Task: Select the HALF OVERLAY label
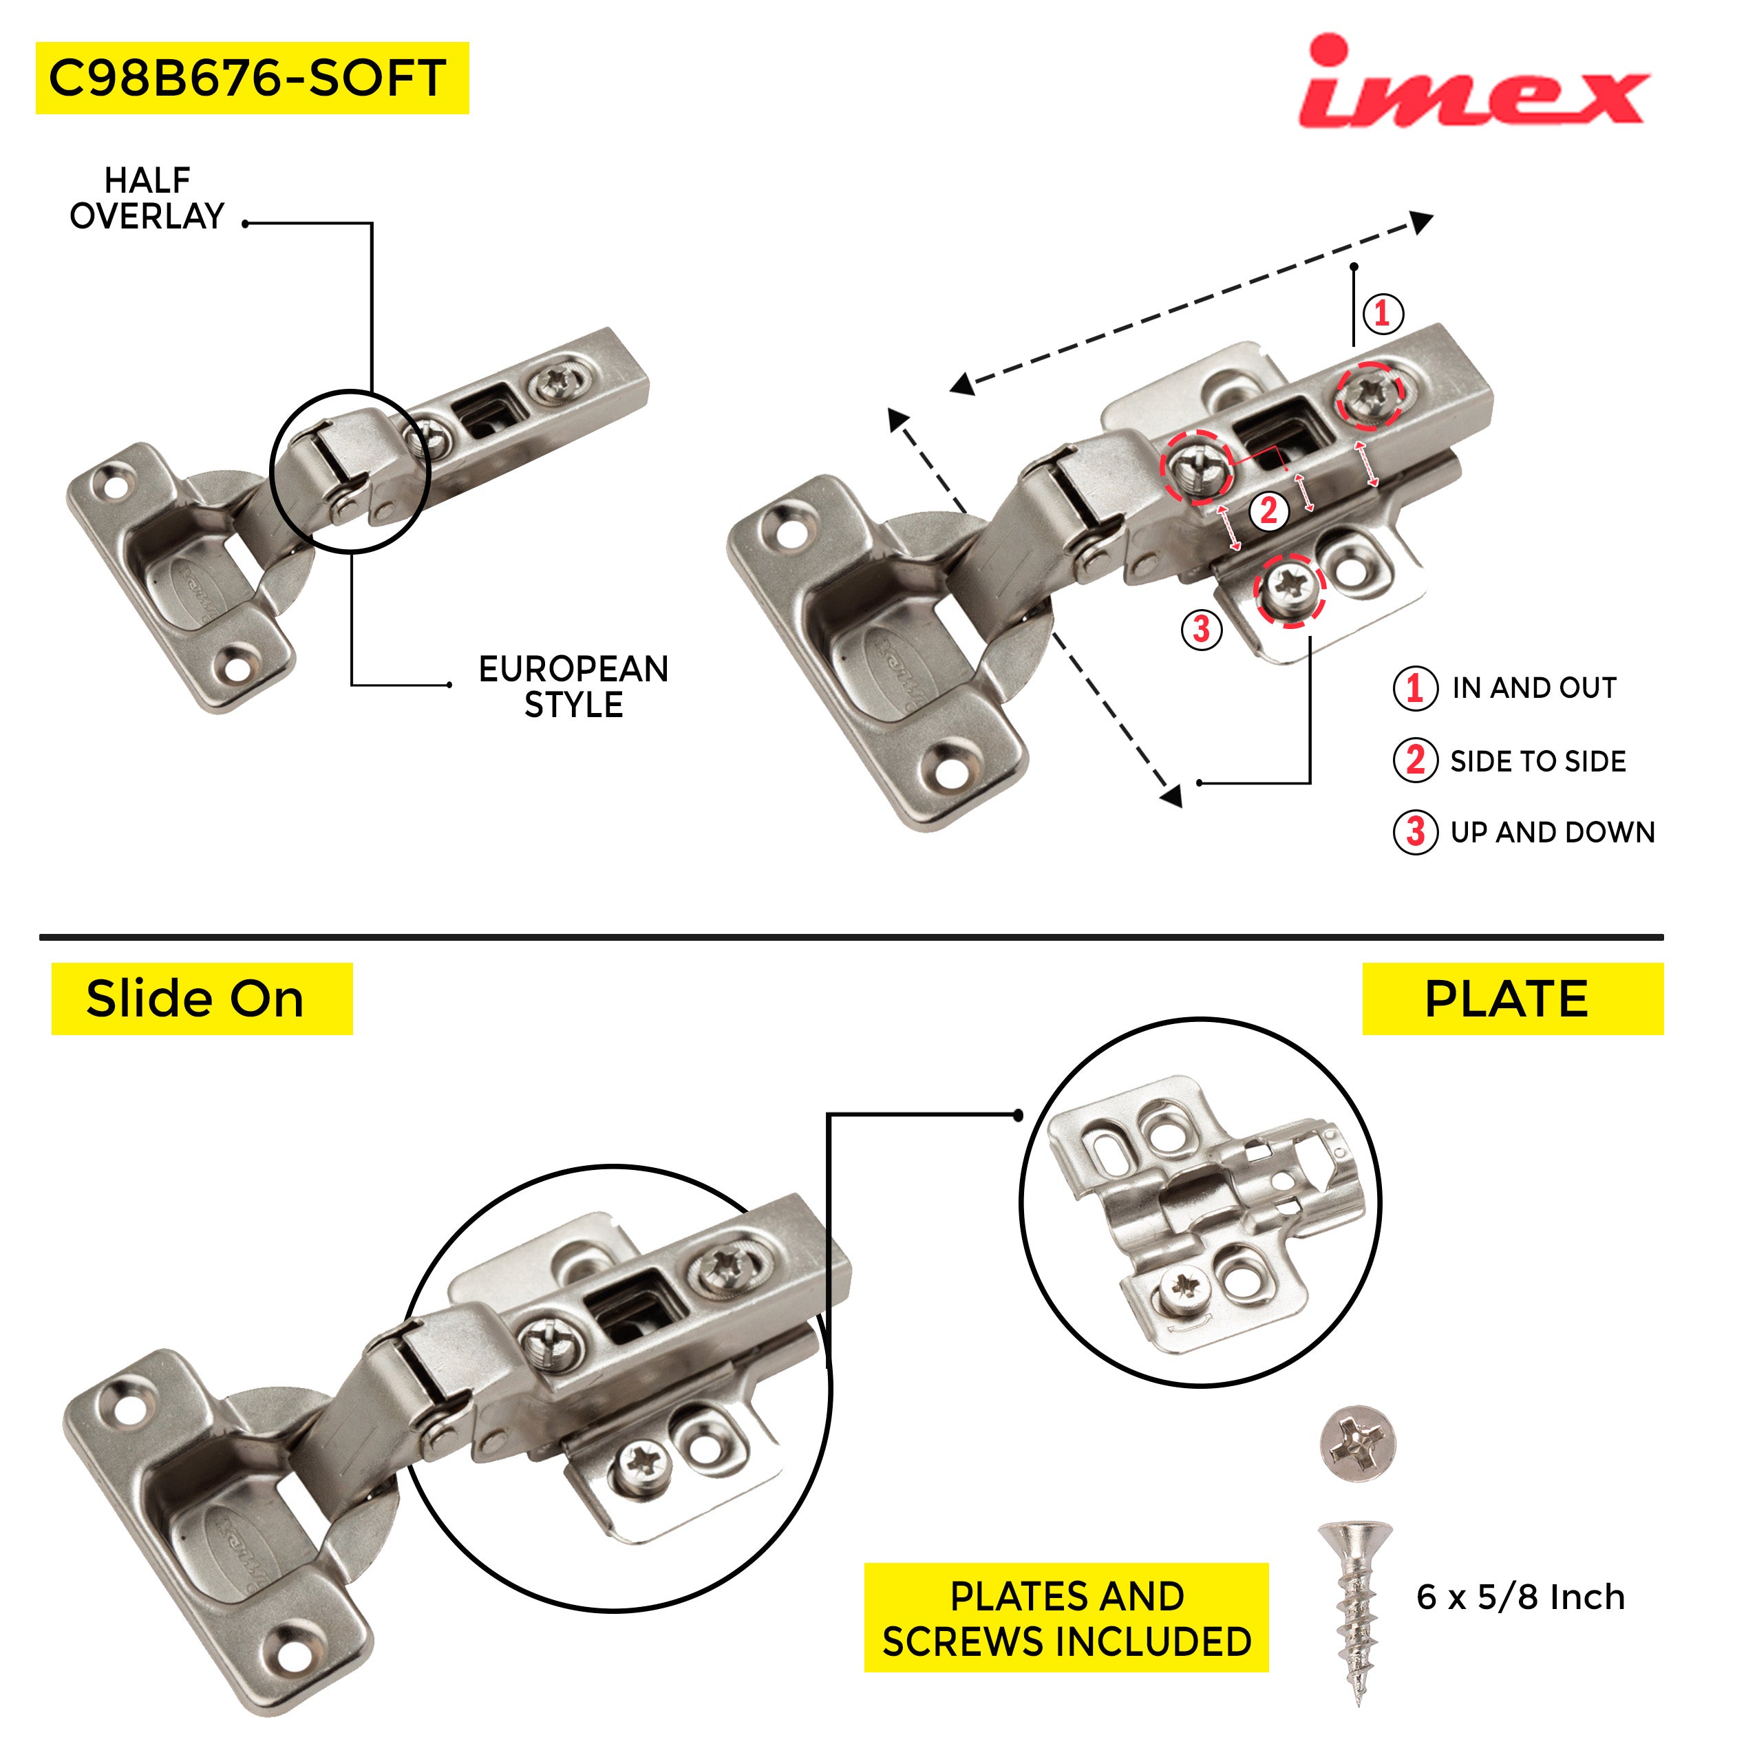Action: coord(147,198)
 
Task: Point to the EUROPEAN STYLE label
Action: coord(574,687)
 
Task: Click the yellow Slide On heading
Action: coord(202,999)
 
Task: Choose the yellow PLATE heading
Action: coord(1513,999)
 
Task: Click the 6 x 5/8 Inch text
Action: coord(1521,1597)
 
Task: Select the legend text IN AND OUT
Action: coord(1535,688)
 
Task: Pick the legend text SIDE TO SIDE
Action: coord(1538,761)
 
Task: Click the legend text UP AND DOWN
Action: coord(1553,832)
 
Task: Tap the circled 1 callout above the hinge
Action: coord(1383,314)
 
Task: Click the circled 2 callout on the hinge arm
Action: coord(1269,511)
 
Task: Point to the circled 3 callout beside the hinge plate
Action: coord(1202,629)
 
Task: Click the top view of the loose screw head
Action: coord(1359,1443)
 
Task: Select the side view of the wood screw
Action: coord(1354,1611)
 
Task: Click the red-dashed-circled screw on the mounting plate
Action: coord(1290,589)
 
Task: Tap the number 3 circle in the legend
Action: coord(1415,832)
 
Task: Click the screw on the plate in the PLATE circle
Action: coord(1186,1285)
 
